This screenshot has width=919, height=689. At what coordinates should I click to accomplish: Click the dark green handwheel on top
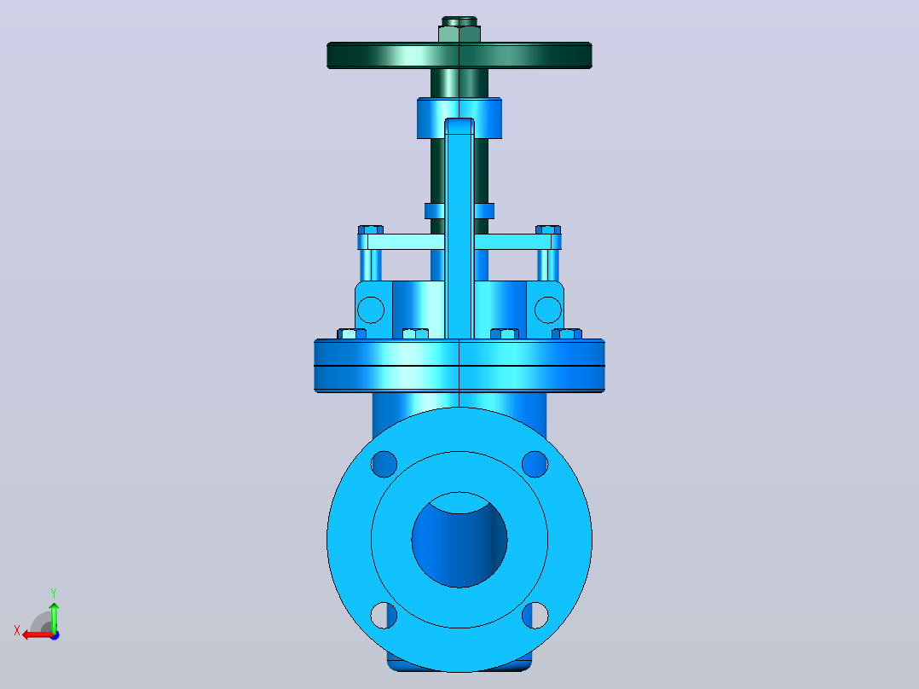(459, 55)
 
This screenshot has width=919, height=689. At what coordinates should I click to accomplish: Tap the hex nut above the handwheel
(459, 33)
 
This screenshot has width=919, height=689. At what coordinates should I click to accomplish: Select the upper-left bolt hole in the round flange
(384, 464)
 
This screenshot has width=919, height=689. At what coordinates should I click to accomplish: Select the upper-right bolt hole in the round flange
(535, 464)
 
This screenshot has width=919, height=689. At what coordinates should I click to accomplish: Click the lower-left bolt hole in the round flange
(384, 615)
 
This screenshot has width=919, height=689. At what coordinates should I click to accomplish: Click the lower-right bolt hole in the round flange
(535, 615)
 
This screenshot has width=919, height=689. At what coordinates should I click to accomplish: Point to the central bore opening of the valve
(459, 540)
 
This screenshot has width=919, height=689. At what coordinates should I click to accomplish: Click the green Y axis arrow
(54, 617)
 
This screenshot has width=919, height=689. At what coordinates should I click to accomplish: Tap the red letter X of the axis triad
(17, 630)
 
